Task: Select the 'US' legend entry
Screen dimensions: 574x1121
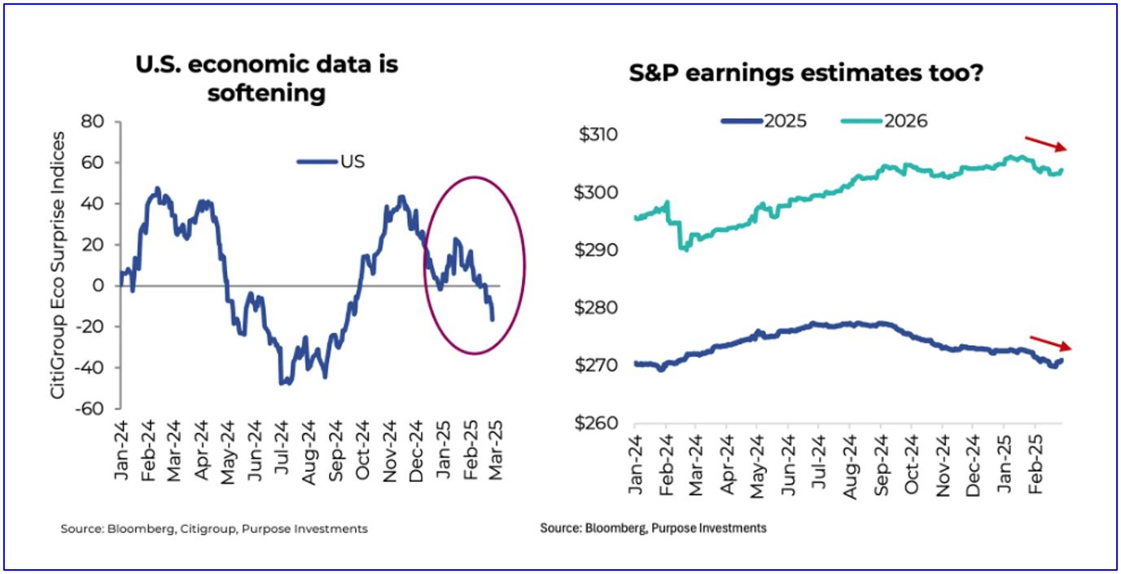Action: [x=331, y=161]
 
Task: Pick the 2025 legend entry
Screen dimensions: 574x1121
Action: [x=764, y=121]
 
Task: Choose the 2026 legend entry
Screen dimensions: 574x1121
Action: [x=884, y=121]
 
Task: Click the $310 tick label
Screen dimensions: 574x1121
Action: [x=599, y=134]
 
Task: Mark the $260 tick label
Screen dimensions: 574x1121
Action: [x=599, y=424]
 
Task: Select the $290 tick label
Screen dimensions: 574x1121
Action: [x=599, y=250]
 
